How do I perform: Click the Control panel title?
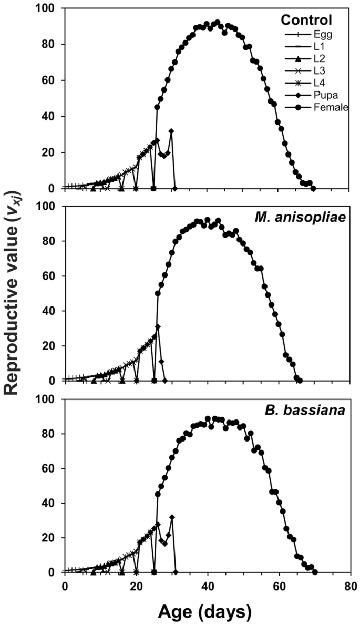(306, 21)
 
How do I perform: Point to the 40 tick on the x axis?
(208, 586)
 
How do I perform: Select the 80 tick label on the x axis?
(351, 586)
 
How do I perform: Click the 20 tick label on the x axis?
(136, 586)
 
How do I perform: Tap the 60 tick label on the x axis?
(279, 586)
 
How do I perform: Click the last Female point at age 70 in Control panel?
(314, 188)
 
